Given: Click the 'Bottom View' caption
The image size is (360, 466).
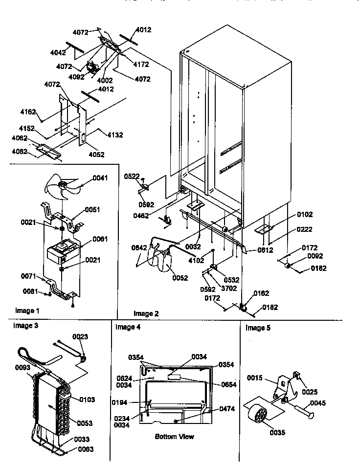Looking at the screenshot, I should [x=174, y=436].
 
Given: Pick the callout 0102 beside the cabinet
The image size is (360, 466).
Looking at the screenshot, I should [x=304, y=214].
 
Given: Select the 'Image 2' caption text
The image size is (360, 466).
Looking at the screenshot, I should [x=146, y=313].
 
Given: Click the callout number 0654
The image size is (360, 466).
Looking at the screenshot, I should [x=228, y=385].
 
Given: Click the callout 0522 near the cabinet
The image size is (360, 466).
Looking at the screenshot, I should [x=132, y=176].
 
